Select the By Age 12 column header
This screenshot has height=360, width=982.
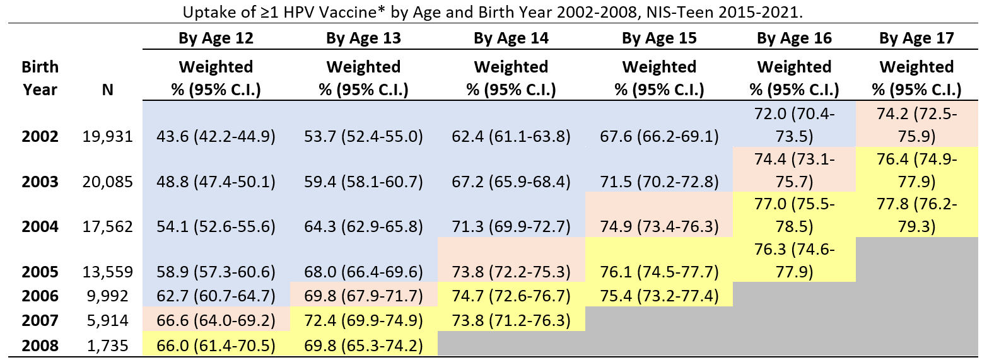click(x=216, y=38)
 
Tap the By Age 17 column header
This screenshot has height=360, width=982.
click(x=916, y=38)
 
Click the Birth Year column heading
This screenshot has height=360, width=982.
click(x=40, y=78)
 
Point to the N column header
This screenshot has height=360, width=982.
click(x=107, y=90)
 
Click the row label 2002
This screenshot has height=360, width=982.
click(x=40, y=136)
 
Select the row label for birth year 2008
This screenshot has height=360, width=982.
click(x=40, y=345)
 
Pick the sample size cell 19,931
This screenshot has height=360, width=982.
click(x=107, y=136)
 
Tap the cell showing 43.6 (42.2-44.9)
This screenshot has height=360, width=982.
click(x=216, y=136)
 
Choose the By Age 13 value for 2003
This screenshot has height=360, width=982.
click(x=363, y=182)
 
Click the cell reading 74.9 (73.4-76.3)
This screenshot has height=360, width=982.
click(x=659, y=227)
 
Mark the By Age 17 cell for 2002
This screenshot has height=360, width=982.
click(x=916, y=124)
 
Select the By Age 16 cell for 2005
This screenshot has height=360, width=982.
click(x=794, y=260)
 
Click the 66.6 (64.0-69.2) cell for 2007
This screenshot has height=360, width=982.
click(x=216, y=321)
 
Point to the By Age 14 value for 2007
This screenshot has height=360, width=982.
click(x=511, y=321)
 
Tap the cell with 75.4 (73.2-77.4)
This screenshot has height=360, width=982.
click(x=659, y=296)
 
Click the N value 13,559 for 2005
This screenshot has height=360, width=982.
click(x=107, y=272)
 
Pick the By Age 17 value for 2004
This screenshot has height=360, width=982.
click(x=916, y=215)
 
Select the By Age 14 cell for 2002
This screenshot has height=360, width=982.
click(x=511, y=136)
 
